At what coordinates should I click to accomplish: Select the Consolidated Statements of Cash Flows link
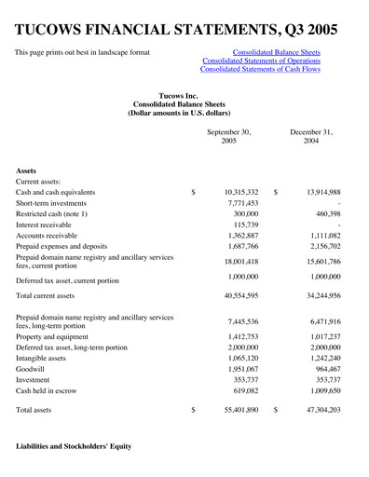pos(268,70)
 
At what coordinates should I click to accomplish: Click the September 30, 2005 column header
pos(228,138)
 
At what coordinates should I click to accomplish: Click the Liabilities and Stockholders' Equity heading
pos(74,447)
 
